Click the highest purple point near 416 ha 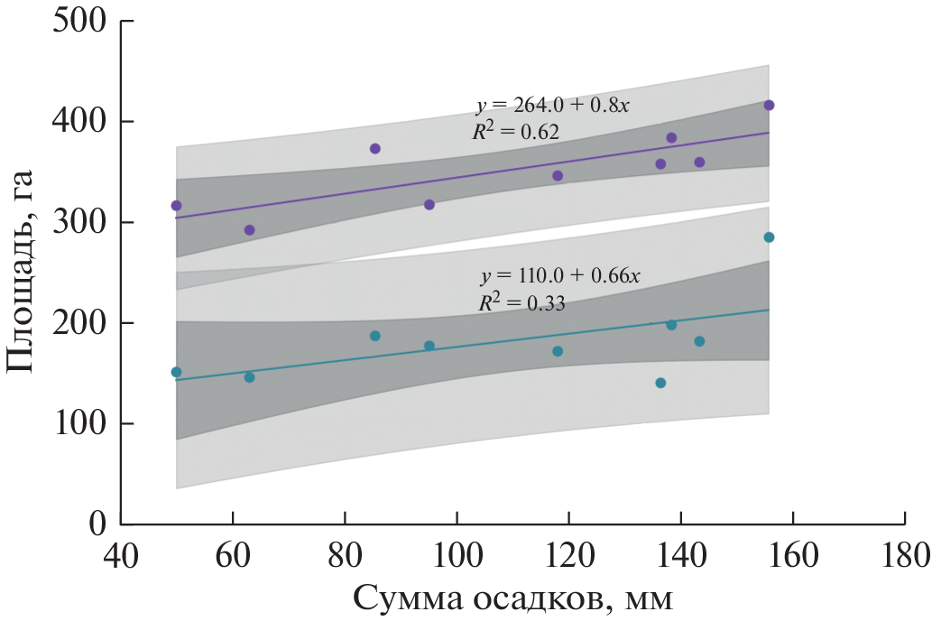769,106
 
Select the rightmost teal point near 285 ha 769,237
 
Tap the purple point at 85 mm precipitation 375,148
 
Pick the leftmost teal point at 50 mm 176,372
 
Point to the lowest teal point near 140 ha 660,383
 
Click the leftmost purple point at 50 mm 176,206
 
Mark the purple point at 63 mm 250,230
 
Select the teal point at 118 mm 558,351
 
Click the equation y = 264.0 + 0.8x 552,106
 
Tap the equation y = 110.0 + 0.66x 560,276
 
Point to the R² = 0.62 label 516,132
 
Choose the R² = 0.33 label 521,303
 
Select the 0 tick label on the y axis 97,524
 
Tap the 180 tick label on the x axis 904,552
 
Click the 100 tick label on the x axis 457,552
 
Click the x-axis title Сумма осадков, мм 512,598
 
